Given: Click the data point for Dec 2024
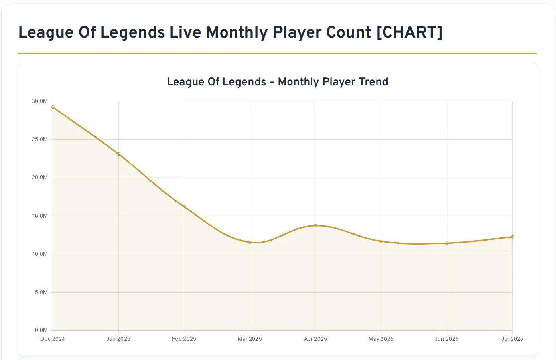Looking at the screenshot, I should (x=53, y=107).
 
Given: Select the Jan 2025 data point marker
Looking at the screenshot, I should (x=118, y=154).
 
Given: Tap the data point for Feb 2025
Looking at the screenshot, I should (x=184, y=207).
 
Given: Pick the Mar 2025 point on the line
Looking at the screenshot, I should (x=250, y=242).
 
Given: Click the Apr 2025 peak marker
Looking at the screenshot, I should (x=315, y=226).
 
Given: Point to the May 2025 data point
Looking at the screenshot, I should (x=381, y=241).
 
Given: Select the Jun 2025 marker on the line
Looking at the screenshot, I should (x=447, y=243).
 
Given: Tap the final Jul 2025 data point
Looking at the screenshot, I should (x=512, y=237).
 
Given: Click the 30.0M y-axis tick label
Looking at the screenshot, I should (x=40, y=101).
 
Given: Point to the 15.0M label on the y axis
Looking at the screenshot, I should (x=40, y=216).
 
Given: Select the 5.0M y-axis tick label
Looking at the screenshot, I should (x=41, y=293).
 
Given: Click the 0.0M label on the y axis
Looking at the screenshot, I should (x=41, y=330).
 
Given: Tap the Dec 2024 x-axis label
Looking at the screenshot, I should (x=53, y=339).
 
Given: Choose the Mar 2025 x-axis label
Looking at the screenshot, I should (x=250, y=339).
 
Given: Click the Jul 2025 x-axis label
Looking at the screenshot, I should (x=512, y=339).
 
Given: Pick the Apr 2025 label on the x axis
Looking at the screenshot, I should (x=315, y=339).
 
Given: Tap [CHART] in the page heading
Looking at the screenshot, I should (x=410, y=32).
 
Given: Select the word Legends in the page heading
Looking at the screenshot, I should (x=133, y=32).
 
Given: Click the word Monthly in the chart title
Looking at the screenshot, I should (x=299, y=82).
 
